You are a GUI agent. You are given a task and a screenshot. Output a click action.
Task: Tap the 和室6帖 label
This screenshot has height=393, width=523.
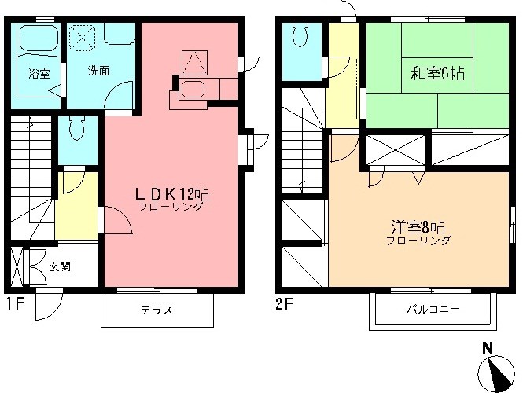(437, 75)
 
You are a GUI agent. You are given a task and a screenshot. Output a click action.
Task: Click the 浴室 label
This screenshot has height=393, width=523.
(39, 75)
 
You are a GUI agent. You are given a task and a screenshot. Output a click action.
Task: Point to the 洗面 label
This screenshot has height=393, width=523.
(98, 71)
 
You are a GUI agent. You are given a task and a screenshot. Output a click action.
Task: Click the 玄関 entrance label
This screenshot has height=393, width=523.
(60, 266)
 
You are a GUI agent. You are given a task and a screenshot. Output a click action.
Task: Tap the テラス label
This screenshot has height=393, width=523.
(157, 310)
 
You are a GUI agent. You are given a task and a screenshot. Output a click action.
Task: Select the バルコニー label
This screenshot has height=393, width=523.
(433, 310)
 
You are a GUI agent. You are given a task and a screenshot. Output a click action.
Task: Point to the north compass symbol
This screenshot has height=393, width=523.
(495, 369)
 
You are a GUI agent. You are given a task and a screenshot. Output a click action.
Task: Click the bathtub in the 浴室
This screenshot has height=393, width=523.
(39, 43)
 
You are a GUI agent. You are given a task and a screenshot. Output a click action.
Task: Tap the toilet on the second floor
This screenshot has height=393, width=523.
(300, 35)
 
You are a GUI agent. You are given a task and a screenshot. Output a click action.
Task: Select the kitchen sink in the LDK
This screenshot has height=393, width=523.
(193, 89)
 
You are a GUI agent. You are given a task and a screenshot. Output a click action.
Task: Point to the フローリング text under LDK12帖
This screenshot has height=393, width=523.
(171, 208)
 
